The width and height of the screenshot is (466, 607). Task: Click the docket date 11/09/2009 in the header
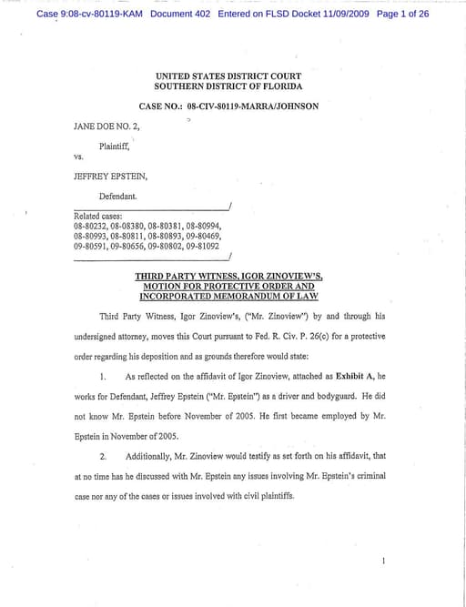coord(339,15)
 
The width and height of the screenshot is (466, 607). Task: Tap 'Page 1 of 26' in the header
coord(401,15)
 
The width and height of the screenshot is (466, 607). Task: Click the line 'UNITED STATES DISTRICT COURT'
coord(228,76)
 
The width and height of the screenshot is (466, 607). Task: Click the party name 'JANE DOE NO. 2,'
coord(106,126)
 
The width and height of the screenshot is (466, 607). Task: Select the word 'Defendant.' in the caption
coord(118,196)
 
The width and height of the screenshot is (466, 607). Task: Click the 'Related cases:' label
coord(98,217)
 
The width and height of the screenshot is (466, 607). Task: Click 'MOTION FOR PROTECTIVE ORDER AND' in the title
coord(228,285)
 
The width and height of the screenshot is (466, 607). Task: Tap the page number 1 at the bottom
coord(384,561)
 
